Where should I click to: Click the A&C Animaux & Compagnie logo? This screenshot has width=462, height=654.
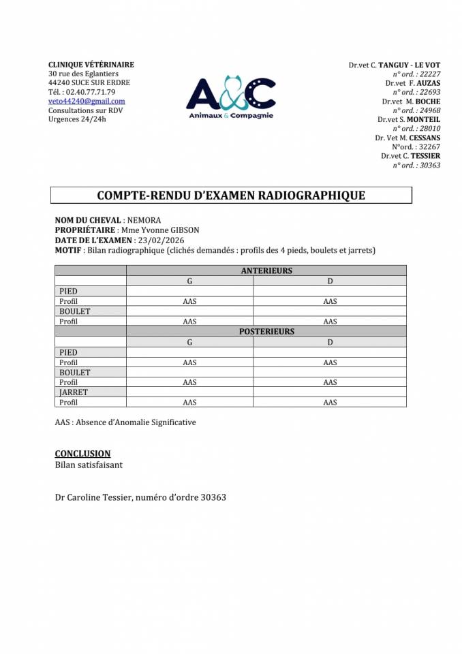pyautogui.click(x=231, y=98)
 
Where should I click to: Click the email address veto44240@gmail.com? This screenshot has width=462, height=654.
pyautogui.click(x=87, y=101)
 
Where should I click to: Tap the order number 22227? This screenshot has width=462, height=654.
pyautogui.click(x=430, y=74)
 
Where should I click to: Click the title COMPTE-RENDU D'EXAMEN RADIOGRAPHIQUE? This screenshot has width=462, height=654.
pyautogui.click(x=231, y=196)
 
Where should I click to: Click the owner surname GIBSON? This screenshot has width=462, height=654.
pyautogui.click(x=184, y=230)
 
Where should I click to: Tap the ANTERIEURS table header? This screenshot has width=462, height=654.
pyautogui.click(x=266, y=270)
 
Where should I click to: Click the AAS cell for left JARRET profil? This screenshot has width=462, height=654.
pyautogui.click(x=190, y=403)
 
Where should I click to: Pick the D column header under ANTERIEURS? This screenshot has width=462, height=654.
pyautogui.click(x=330, y=281)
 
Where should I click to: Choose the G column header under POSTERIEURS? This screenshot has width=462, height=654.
pyautogui.click(x=190, y=342)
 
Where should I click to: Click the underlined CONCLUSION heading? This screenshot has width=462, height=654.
pyautogui.click(x=82, y=454)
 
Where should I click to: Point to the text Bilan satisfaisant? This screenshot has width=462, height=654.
pyautogui.click(x=89, y=465)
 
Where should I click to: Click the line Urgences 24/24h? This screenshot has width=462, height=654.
pyautogui.click(x=77, y=119)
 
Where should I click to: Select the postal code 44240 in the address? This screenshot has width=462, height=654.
pyautogui.click(x=60, y=83)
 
